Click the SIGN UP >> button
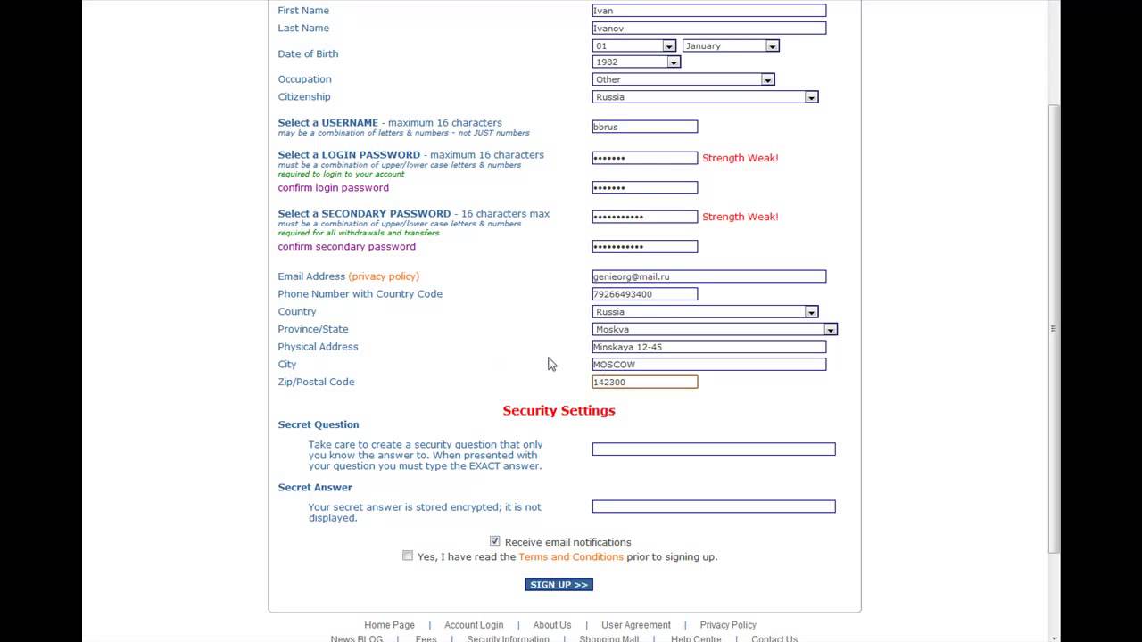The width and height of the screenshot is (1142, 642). (x=559, y=585)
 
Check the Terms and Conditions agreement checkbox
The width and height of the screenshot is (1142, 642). (x=408, y=556)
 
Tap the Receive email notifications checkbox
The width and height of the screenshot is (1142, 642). (x=495, y=541)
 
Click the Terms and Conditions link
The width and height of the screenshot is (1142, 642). (x=570, y=557)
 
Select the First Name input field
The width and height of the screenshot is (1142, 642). (x=708, y=11)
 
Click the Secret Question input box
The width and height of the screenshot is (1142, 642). (x=713, y=449)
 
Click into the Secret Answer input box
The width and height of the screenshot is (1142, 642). (x=713, y=506)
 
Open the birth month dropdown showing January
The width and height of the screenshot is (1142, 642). (x=731, y=45)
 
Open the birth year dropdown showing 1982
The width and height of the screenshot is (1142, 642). (x=636, y=62)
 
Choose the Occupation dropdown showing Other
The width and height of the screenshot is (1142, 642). (x=683, y=79)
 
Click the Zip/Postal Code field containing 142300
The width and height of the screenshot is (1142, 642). (x=644, y=383)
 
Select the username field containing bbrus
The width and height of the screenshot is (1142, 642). (x=644, y=128)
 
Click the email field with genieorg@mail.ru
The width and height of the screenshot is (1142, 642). (x=708, y=277)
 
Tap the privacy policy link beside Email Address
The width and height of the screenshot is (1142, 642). (x=384, y=276)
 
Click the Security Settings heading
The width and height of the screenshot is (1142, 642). (x=559, y=411)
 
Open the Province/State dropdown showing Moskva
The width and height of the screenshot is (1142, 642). (x=714, y=330)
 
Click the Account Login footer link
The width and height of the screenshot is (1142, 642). (x=474, y=625)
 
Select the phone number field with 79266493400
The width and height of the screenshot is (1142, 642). (x=644, y=294)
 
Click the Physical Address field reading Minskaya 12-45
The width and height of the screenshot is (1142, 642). (x=708, y=347)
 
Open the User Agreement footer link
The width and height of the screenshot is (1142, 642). (x=635, y=625)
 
